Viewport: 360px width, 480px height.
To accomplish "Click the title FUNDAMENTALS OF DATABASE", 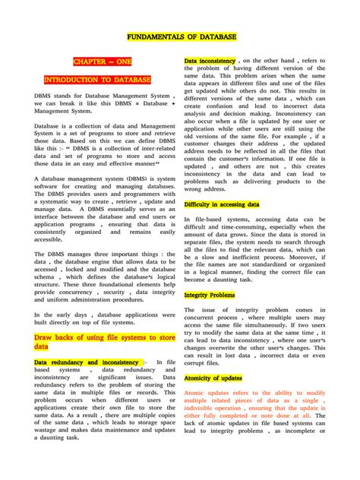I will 180,36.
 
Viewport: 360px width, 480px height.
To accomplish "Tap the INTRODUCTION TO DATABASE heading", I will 96,80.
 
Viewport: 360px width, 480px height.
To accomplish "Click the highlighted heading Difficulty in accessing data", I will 222,205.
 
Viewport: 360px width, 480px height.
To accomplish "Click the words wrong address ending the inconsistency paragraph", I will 210,190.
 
